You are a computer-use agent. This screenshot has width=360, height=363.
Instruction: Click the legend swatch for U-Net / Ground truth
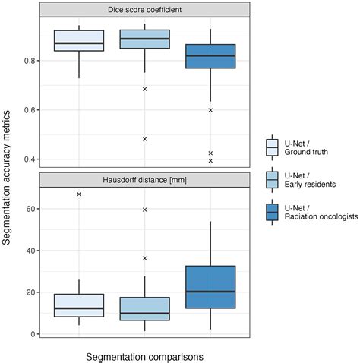[272, 145]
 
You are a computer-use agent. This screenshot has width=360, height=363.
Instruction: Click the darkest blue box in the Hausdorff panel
[210, 287]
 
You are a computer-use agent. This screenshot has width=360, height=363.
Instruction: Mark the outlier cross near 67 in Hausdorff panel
[79, 194]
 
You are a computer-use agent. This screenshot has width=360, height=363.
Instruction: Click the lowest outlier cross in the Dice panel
[210, 161]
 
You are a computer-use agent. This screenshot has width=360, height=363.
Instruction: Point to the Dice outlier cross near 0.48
[144, 139]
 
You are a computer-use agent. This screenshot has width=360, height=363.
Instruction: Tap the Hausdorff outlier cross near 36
[144, 258]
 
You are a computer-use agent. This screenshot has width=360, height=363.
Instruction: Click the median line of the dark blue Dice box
[210, 56]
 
